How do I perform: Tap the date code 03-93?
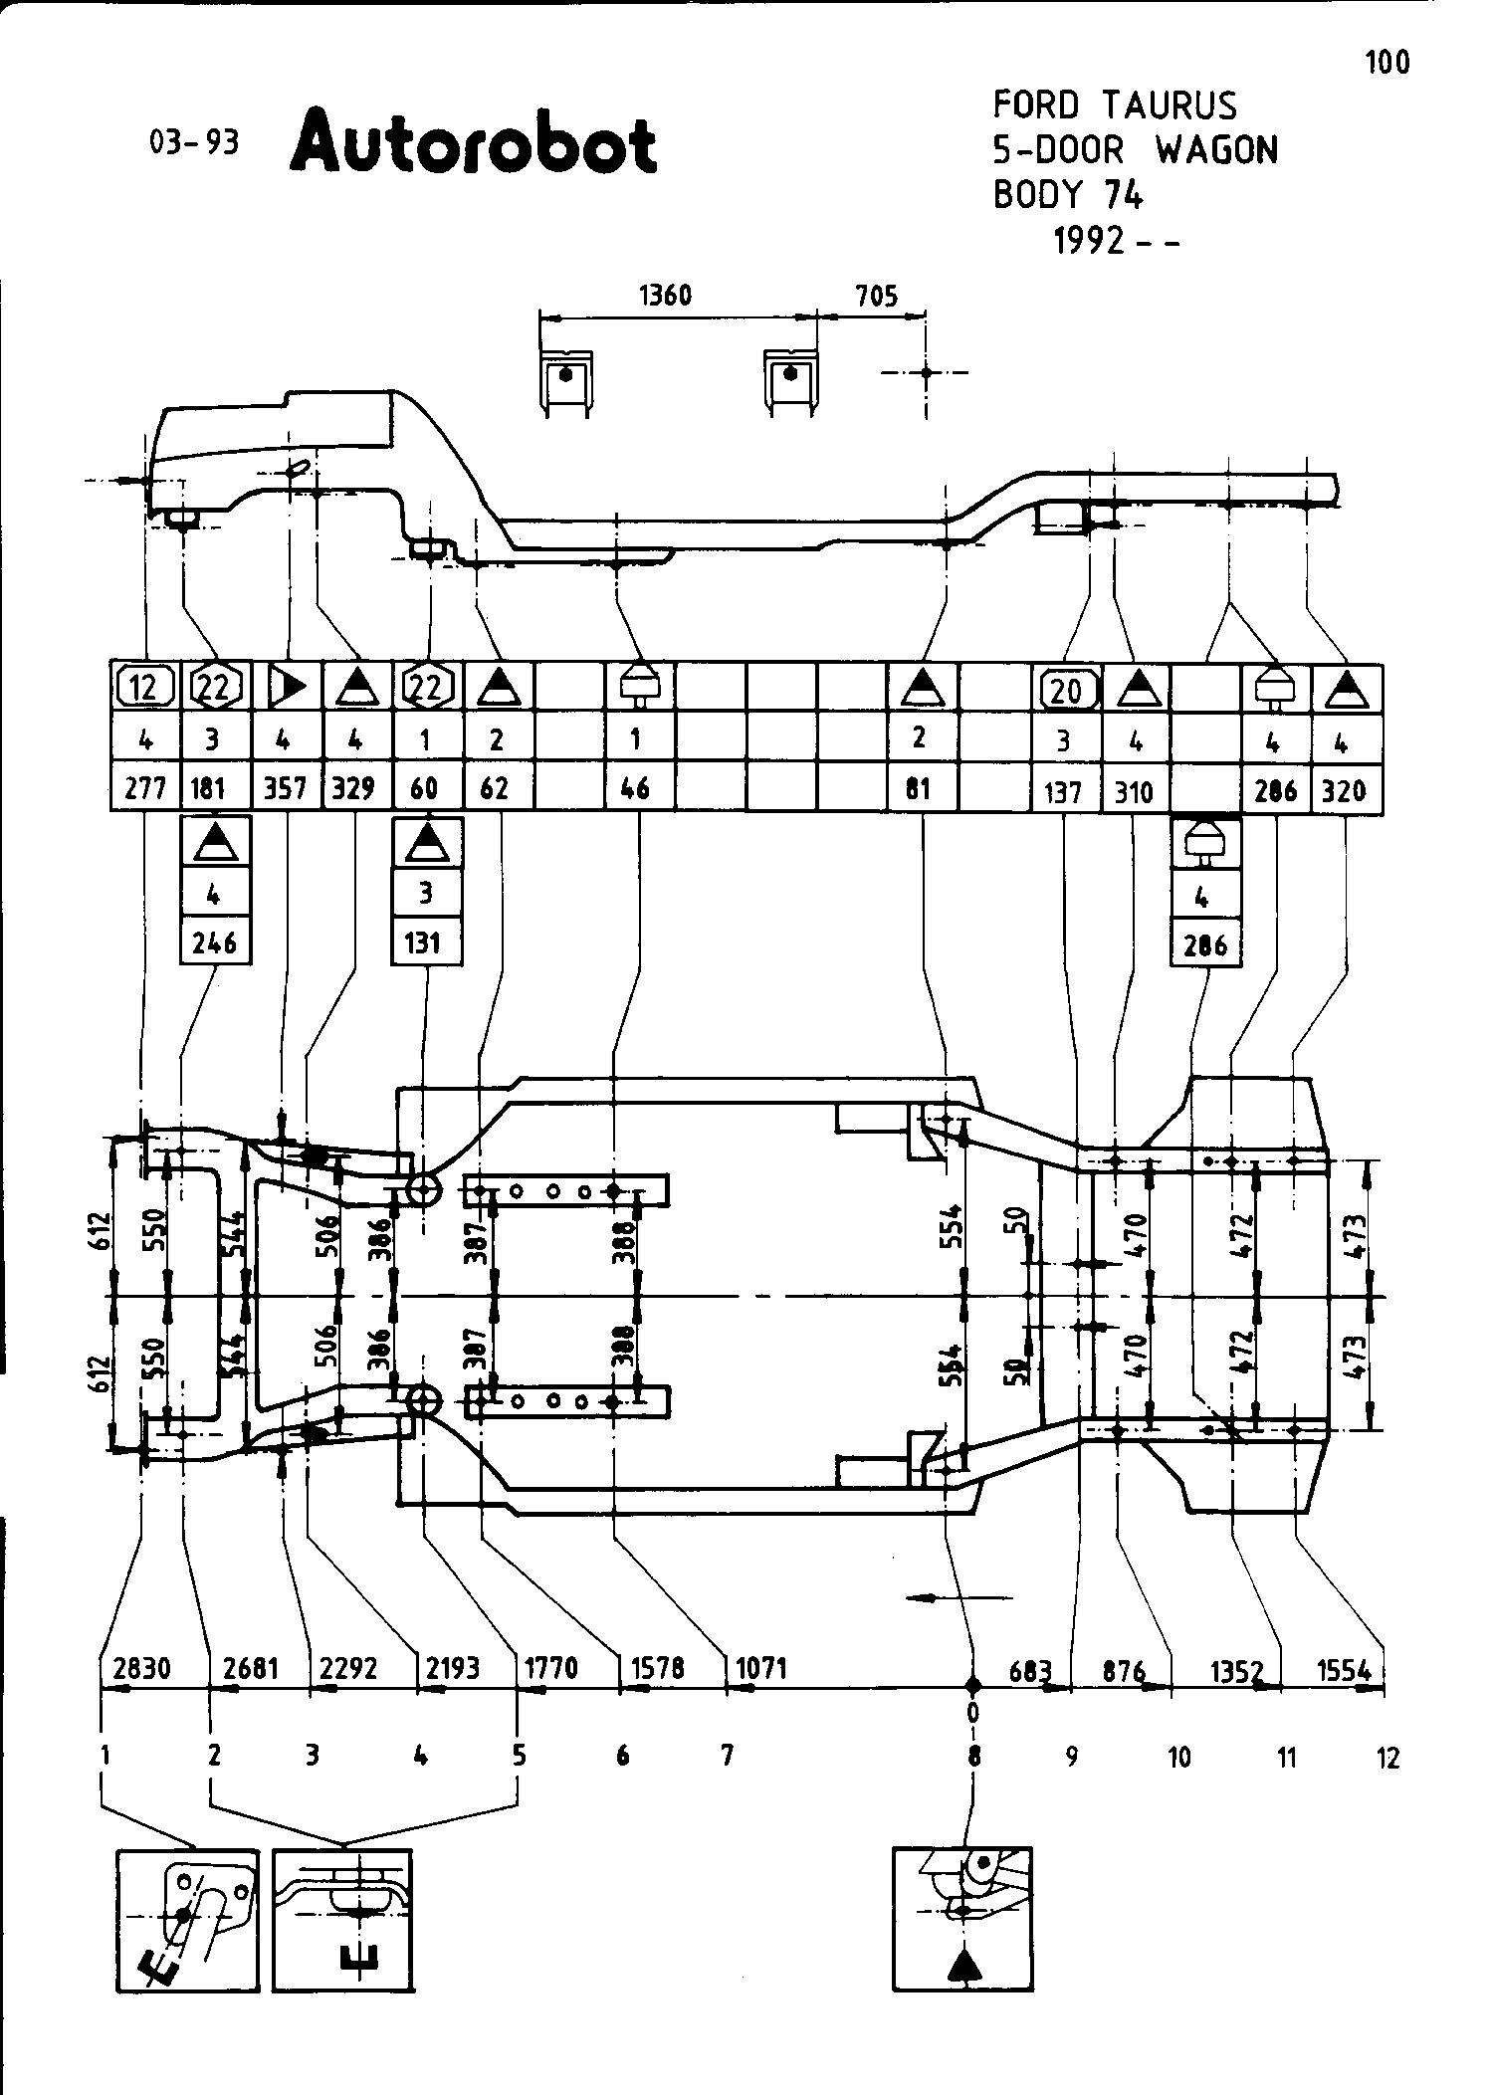(194, 142)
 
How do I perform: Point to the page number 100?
(1386, 63)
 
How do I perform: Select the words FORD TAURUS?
(1115, 105)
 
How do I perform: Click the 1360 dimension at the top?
(665, 296)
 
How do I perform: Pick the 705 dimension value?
(876, 296)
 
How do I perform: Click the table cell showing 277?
(144, 789)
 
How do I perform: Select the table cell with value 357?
(286, 789)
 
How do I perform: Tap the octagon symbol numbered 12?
(145, 687)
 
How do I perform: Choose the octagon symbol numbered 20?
(1065, 688)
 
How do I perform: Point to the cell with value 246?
(214, 942)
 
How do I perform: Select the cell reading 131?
(425, 942)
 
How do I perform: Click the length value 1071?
(762, 1668)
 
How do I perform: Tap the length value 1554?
(1345, 1670)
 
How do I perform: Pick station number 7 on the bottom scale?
(728, 1757)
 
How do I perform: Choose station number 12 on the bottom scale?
(1387, 1759)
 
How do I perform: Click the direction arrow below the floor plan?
(959, 1598)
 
